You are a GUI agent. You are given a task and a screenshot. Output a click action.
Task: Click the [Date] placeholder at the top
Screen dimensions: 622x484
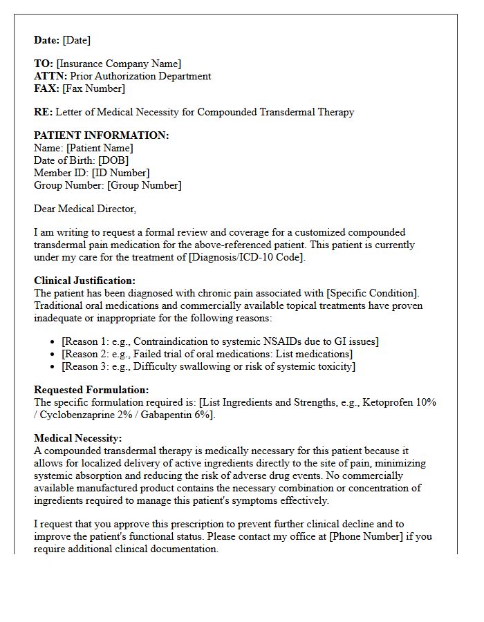click(x=77, y=40)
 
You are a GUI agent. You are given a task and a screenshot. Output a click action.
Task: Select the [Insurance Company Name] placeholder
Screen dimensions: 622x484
click(x=119, y=64)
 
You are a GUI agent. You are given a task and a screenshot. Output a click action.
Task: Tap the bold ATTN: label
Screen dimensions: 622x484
click(x=50, y=76)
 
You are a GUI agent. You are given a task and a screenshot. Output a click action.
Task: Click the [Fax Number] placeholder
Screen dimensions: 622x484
click(x=94, y=88)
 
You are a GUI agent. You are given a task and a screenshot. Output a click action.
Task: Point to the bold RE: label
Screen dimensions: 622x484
click(x=43, y=112)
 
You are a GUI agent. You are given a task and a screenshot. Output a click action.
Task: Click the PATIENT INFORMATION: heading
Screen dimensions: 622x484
click(x=102, y=135)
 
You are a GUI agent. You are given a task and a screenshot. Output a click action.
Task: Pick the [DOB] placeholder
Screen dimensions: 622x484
click(x=114, y=160)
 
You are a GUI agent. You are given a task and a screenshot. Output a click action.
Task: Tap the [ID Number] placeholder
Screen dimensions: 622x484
click(x=120, y=173)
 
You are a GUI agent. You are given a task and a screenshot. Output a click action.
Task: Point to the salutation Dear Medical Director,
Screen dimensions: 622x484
click(x=85, y=209)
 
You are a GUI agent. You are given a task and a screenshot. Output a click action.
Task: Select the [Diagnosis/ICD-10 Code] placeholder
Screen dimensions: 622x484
click(x=245, y=257)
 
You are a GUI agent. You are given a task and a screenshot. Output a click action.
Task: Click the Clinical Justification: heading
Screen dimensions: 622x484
click(x=85, y=281)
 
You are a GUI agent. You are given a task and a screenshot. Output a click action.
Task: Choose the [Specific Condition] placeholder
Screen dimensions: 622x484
click(x=364, y=293)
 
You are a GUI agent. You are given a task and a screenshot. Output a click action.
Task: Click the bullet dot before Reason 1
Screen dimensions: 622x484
click(x=54, y=341)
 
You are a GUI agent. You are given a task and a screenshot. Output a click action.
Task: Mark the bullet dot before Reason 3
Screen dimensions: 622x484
click(x=54, y=366)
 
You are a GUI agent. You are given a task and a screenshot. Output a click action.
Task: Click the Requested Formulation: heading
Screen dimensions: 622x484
click(x=91, y=390)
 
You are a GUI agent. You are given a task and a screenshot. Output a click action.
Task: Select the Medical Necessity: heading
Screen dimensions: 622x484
click(x=78, y=438)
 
